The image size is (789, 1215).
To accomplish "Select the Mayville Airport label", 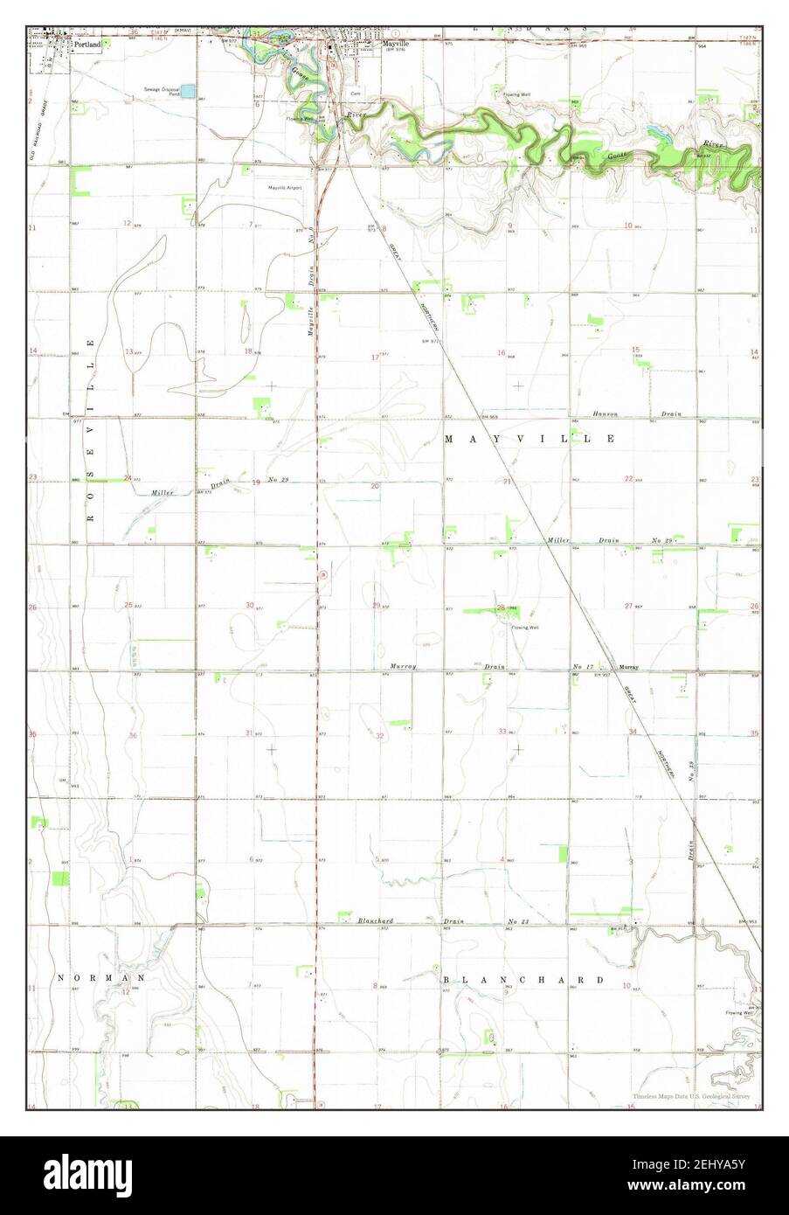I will pyautogui.click(x=285, y=187).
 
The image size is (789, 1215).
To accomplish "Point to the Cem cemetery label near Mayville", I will pyautogui.click(x=355, y=94).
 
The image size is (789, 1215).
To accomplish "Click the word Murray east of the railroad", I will pyautogui.click(x=629, y=668).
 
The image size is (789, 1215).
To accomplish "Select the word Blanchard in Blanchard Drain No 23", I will pyautogui.click(x=375, y=921).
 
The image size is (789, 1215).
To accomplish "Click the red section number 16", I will pyautogui.click(x=502, y=353).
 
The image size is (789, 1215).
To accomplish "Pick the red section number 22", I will pyautogui.click(x=628, y=479).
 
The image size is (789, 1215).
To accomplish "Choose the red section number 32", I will pyautogui.click(x=379, y=736).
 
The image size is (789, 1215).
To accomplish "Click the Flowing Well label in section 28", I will pyautogui.click(x=524, y=628).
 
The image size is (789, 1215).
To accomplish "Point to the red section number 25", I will pyautogui.click(x=128, y=605).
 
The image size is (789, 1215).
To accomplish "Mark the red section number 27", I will pyautogui.click(x=628, y=606).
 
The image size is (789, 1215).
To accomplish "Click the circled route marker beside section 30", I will pyautogui.click(x=322, y=574).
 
